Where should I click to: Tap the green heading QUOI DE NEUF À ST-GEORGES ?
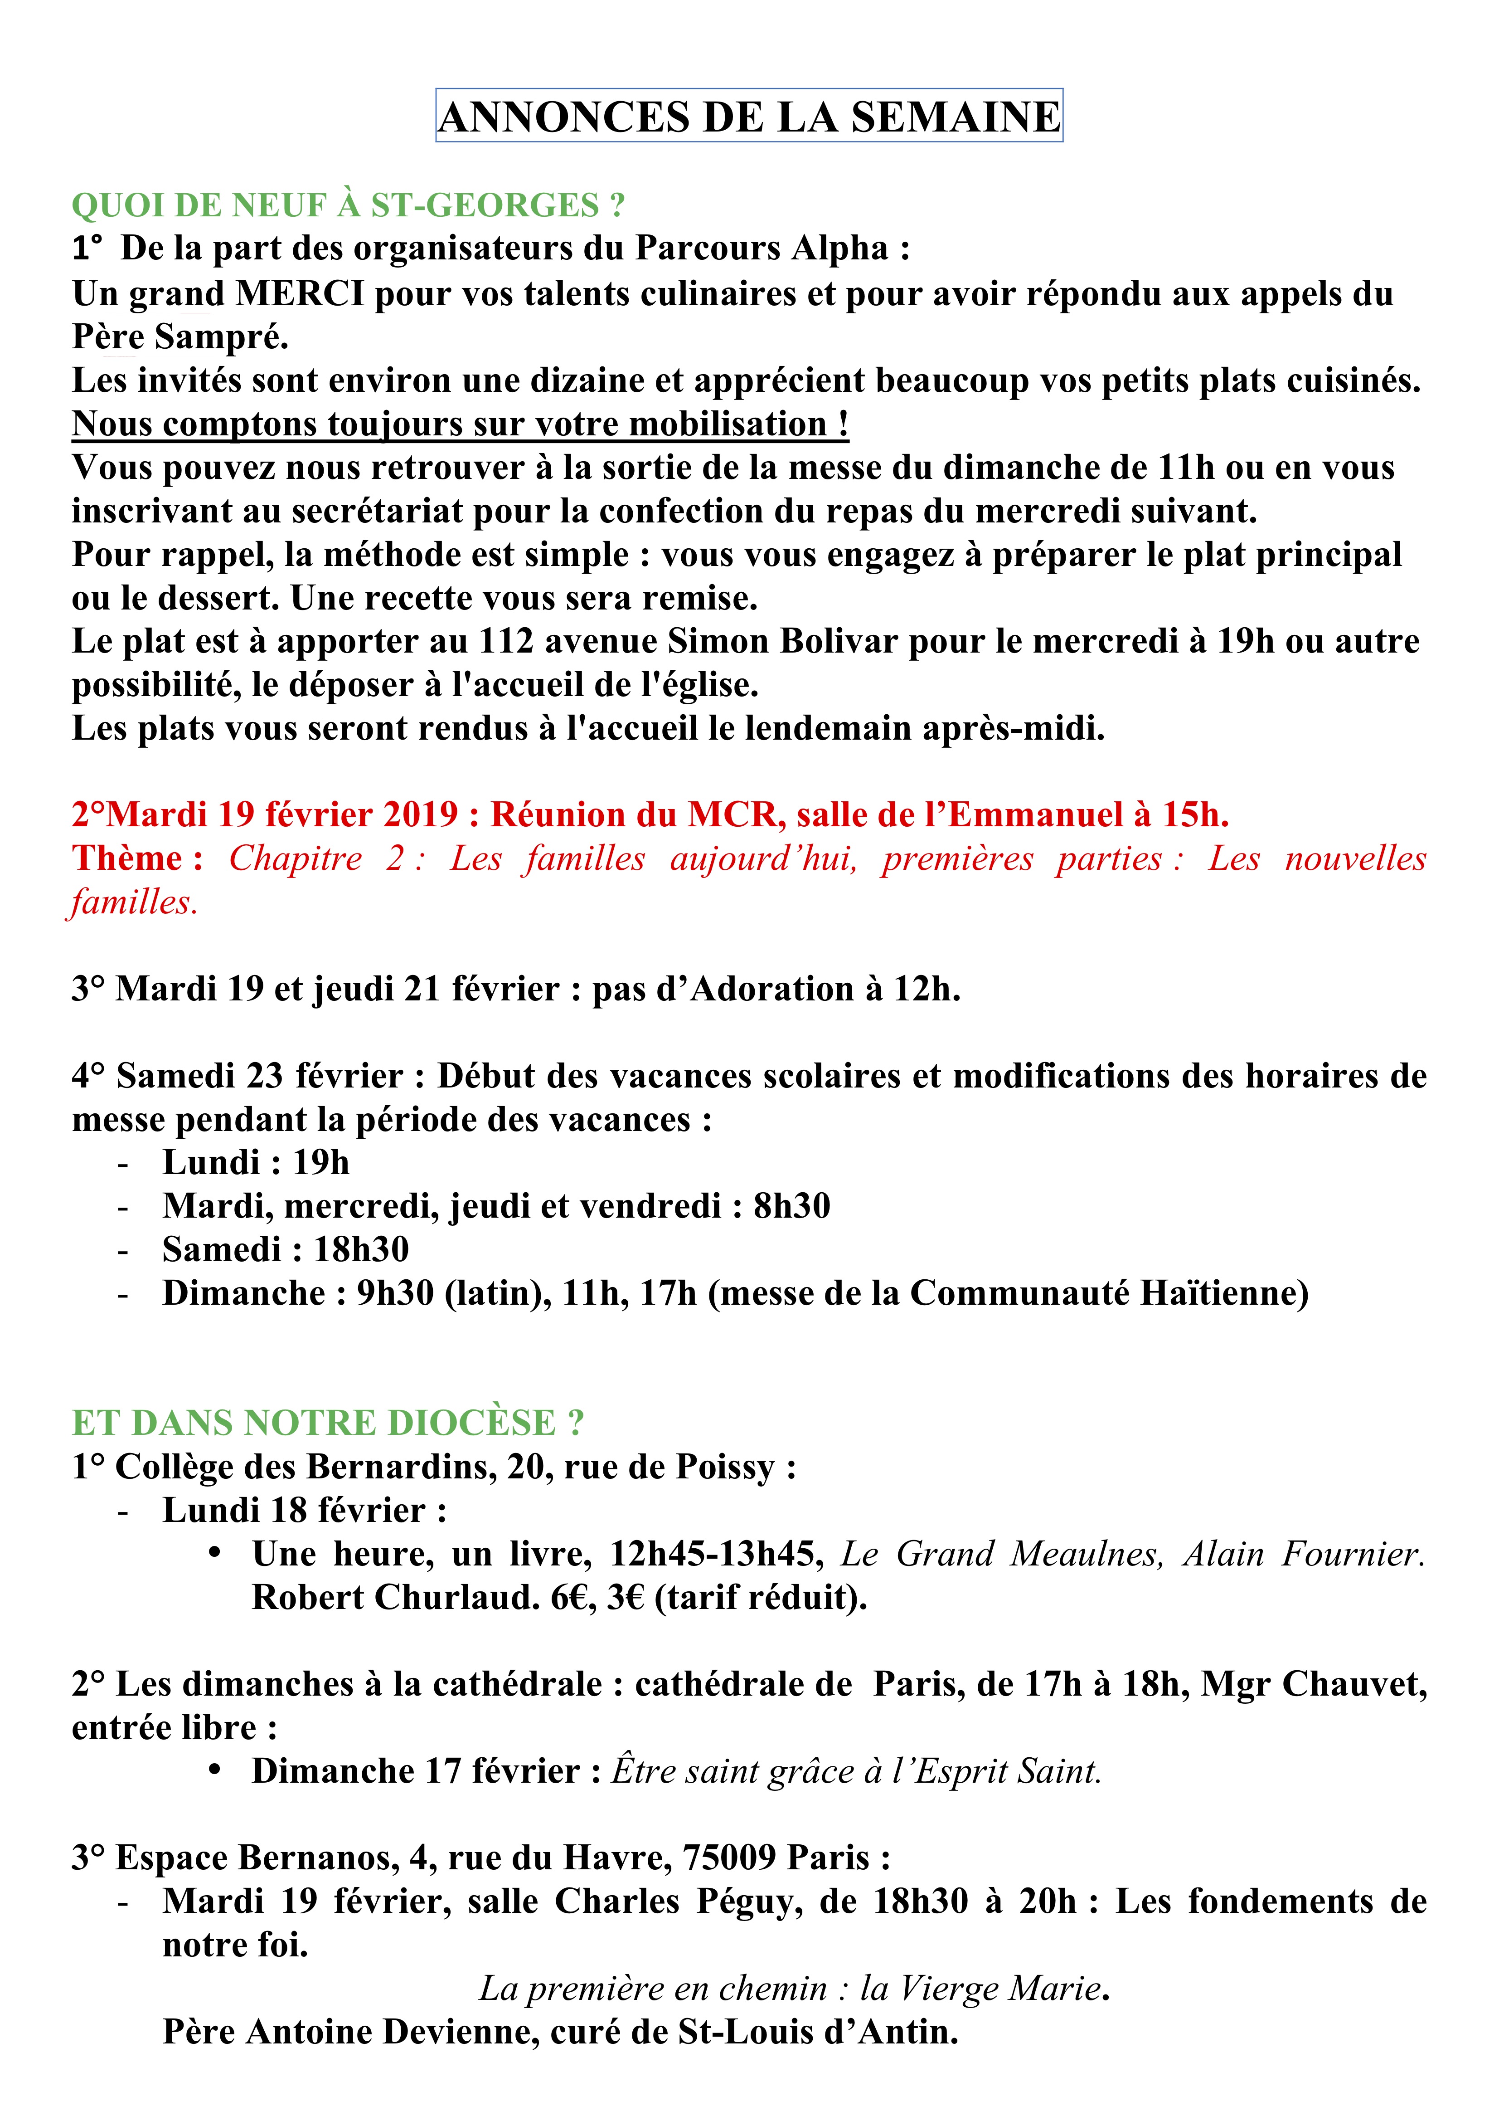[x=348, y=205]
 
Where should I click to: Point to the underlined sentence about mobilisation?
[x=460, y=424]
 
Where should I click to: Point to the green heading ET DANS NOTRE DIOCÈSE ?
[x=328, y=1423]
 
